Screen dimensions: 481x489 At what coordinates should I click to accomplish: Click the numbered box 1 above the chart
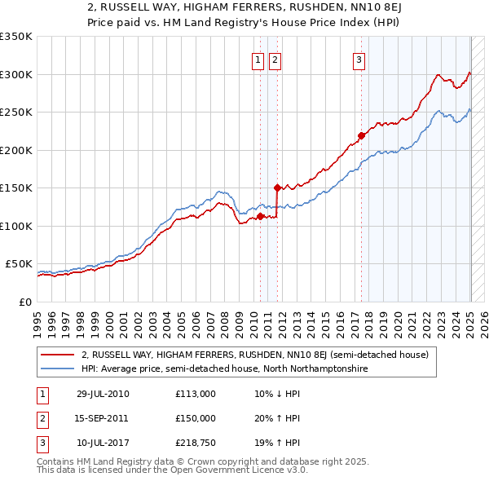click(x=258, y=59)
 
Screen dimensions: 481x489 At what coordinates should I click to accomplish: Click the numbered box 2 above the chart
click(x=275, y=59)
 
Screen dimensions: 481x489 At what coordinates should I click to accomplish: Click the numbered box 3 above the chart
click(x=359, y=59)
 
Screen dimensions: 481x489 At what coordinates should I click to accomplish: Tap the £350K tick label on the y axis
click(x=16, y=37)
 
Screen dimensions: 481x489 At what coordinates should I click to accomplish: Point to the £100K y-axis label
click(x=16, y=226)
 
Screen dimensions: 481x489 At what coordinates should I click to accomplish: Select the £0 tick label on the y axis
click(x=25, y=302)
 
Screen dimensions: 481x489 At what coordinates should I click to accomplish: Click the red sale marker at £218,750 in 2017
click(x=361, y=136)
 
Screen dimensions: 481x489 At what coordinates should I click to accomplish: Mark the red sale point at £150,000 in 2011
click(x=278, y=188)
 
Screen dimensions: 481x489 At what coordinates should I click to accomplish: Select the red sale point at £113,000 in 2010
click(x=261, y=216)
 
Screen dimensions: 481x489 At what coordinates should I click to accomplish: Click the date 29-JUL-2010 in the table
click(x=103, y=394)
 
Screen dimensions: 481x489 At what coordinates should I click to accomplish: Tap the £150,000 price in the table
click(x=196, y=418)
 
